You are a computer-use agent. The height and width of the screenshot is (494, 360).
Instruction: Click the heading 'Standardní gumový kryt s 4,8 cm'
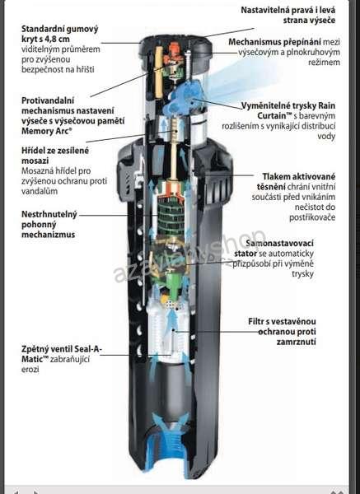click(60, 34)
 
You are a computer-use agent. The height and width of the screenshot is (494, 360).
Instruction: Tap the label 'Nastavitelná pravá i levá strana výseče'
click(288, 15)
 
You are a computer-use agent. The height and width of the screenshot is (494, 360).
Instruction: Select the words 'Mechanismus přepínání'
click(275, 42)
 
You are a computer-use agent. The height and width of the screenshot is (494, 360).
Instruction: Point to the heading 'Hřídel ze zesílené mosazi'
click(55, 156)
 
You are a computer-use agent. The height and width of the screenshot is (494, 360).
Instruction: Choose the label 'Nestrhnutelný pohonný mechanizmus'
click(49, 224)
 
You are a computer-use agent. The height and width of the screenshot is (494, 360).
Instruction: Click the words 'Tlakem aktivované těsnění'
click(297, 181)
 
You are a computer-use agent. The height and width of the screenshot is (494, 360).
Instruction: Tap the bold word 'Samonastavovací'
click(279, 243)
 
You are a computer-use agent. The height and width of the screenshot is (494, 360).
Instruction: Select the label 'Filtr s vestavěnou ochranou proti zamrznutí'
click(282, 332)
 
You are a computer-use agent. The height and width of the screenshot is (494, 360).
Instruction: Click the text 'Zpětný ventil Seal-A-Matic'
click(62, 354)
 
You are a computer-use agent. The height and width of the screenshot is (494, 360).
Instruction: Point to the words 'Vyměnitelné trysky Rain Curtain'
click(288, 110)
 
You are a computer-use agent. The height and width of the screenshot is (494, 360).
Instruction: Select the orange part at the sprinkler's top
click(173, 52)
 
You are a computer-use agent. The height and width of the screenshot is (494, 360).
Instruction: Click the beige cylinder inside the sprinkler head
click(159, 72)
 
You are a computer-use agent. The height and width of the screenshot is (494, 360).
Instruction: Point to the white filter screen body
click(169, 328)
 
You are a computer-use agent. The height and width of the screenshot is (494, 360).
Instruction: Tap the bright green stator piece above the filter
click(173, 284)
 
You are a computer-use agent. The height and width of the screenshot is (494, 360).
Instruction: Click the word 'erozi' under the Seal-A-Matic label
click(30, 369)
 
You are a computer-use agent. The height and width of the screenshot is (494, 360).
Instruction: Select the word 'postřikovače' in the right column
click(312, 217)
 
